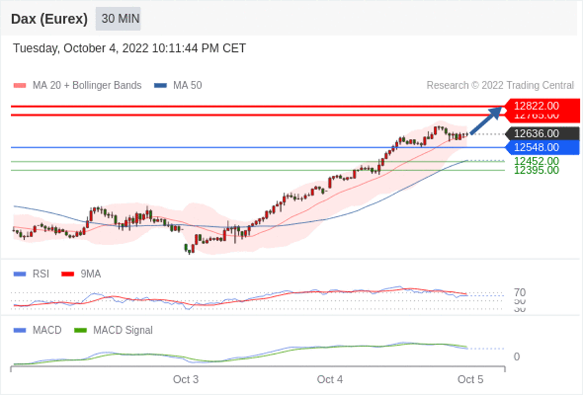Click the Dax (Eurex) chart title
(x=49, y=19)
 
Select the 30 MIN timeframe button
(x=118, y=19)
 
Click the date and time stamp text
(x=130, y=49)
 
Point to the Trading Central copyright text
(x=500, y=85)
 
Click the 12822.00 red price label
(x=536, y=106)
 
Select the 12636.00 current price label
(x=536, y=133)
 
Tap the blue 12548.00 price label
(x=536, y=147)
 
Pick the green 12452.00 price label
(x=536, y=161)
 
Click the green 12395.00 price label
(x=536, y=170)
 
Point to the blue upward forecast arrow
(x=486, y=120)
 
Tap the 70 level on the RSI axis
(x=520, y=293)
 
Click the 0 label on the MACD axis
(x=517, y=356)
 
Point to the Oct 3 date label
(x=186, y=379)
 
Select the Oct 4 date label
(x=330, y=379)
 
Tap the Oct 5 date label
(x=470, y=379)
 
